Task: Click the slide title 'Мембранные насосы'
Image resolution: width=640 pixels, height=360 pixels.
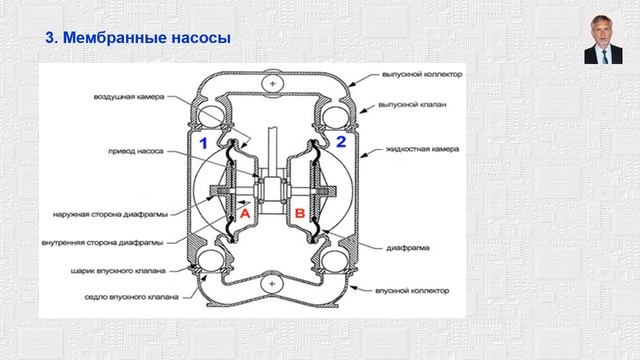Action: pyautogui.click(x=140, y=39)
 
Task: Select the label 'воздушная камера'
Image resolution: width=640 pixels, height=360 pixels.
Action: pyautogui.click(x=130, y=97)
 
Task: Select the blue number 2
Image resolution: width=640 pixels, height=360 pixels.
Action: pyautogui.click(x=340, y=142)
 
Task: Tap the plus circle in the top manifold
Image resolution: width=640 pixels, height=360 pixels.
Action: pyautogui.click(x=270, y=84)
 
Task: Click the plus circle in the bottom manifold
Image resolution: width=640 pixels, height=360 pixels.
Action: pyautogui.click(x=270, y=286)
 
